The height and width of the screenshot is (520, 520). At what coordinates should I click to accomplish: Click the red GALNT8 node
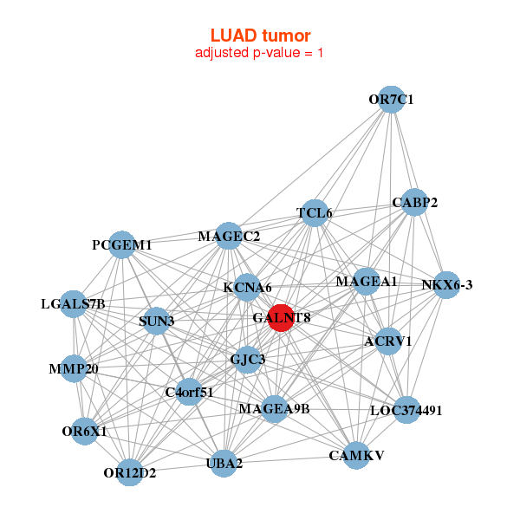[x=281, y=317]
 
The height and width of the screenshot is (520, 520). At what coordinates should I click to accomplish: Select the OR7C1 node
[x=392, y=99]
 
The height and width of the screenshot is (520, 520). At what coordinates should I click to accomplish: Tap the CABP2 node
[x=414, y=203]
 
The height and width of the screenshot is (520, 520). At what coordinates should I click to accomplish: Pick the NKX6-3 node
[x=445, y=285]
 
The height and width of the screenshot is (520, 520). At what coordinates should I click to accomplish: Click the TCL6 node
[x=314, y=212]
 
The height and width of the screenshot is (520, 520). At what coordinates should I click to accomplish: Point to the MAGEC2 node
[x=228, y=236]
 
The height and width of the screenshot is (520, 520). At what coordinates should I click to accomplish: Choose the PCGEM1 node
[x=122, y=245]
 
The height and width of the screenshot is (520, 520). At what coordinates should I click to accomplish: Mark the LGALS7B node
[x=74, y=303]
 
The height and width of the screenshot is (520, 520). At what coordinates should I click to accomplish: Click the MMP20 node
[x=75, y=369]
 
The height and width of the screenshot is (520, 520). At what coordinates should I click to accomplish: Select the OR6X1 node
[x=84, y=431]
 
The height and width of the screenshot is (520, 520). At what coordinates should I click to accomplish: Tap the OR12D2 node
[x=130, y=472]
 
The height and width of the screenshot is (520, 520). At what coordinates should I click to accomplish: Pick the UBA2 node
[x=224, y=463]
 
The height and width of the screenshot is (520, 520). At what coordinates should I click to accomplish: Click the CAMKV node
[x=356, y=454]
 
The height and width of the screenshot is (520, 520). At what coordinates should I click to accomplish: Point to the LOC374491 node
[x=406, y=410]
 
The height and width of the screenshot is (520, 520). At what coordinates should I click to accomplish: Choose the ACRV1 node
[x=388, y=341]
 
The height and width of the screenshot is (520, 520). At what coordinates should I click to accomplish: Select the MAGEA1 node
[x=367, y=282]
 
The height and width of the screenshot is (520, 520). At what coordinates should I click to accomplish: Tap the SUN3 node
[x=157, y=321]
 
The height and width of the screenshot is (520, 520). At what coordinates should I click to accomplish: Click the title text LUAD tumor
[x=260, y=35]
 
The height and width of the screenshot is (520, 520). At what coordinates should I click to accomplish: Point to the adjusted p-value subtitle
[x=260, y=53]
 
